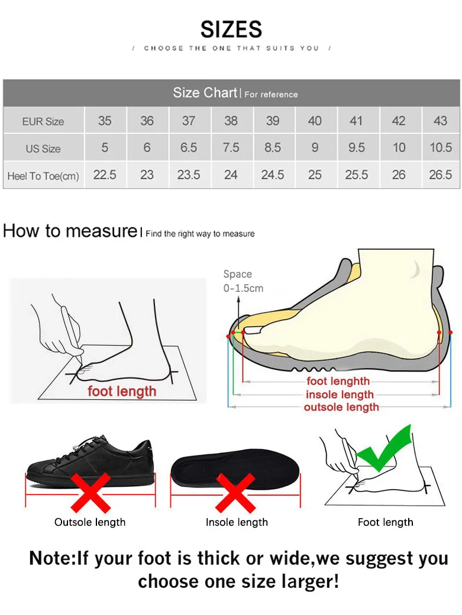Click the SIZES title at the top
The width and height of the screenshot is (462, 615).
coord(231,29)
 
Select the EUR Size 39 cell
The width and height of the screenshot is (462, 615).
coord(273,121)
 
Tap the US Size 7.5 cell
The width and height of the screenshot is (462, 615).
coord(231,148)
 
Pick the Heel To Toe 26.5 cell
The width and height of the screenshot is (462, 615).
coord(440,175)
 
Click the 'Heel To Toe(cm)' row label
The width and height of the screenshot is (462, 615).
coord(43,175)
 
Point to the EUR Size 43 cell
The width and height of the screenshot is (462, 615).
coord(440,121)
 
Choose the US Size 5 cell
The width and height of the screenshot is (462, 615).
coord(105,148)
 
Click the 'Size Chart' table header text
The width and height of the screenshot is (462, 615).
coord(205,93)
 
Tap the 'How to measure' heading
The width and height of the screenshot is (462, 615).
coord(69,230)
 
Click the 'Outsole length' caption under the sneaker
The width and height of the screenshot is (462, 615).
coord(90,522)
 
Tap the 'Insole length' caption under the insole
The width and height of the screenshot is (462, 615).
coord(237,522)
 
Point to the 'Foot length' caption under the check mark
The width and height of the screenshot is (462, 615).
coord(386,522)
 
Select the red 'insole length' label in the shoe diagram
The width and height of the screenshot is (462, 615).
coord(340,395)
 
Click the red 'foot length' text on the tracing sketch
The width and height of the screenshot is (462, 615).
coord(122,391)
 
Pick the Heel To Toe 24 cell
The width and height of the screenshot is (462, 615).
coord(231,175)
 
